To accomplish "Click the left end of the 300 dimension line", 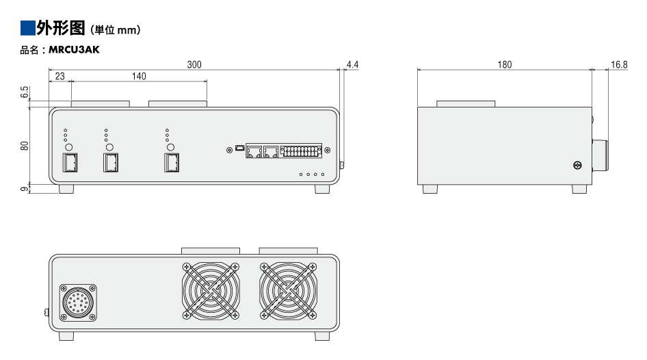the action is (49, 70).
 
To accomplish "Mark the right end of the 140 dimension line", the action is (207, 81).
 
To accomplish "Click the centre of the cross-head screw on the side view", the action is (578, 166).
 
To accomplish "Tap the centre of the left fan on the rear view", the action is (211, 291).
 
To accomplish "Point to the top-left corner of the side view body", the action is (418, 107).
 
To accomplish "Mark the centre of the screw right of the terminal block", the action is (327, 151).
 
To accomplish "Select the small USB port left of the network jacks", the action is (240, 147).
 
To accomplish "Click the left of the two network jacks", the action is (254, 151).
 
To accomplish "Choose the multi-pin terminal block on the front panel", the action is (301, 151).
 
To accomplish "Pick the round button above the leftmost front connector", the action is (69, 147).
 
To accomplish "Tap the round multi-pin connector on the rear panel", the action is (78, 303).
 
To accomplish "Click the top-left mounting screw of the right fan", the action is (264, 267).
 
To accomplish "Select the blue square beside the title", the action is (27, 27).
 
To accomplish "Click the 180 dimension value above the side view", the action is (504, 64).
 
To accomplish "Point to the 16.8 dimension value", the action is (619, 64).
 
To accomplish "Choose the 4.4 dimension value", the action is (352, 64).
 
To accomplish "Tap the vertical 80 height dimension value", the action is (25, 146).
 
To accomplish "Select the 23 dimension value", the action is (60, 76).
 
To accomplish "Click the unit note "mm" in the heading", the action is (127, 30).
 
